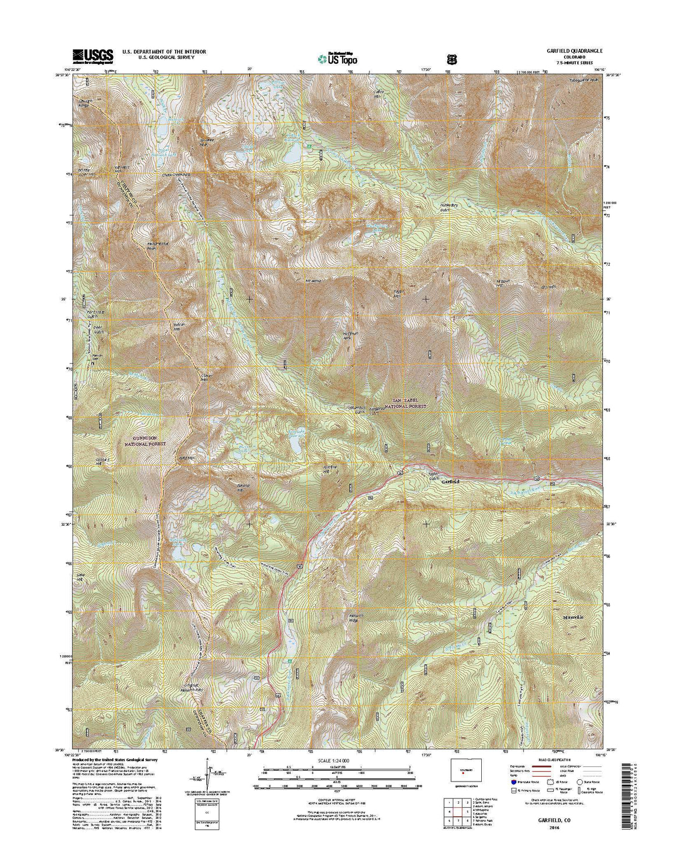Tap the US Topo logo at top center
click(x=338, y=58)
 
